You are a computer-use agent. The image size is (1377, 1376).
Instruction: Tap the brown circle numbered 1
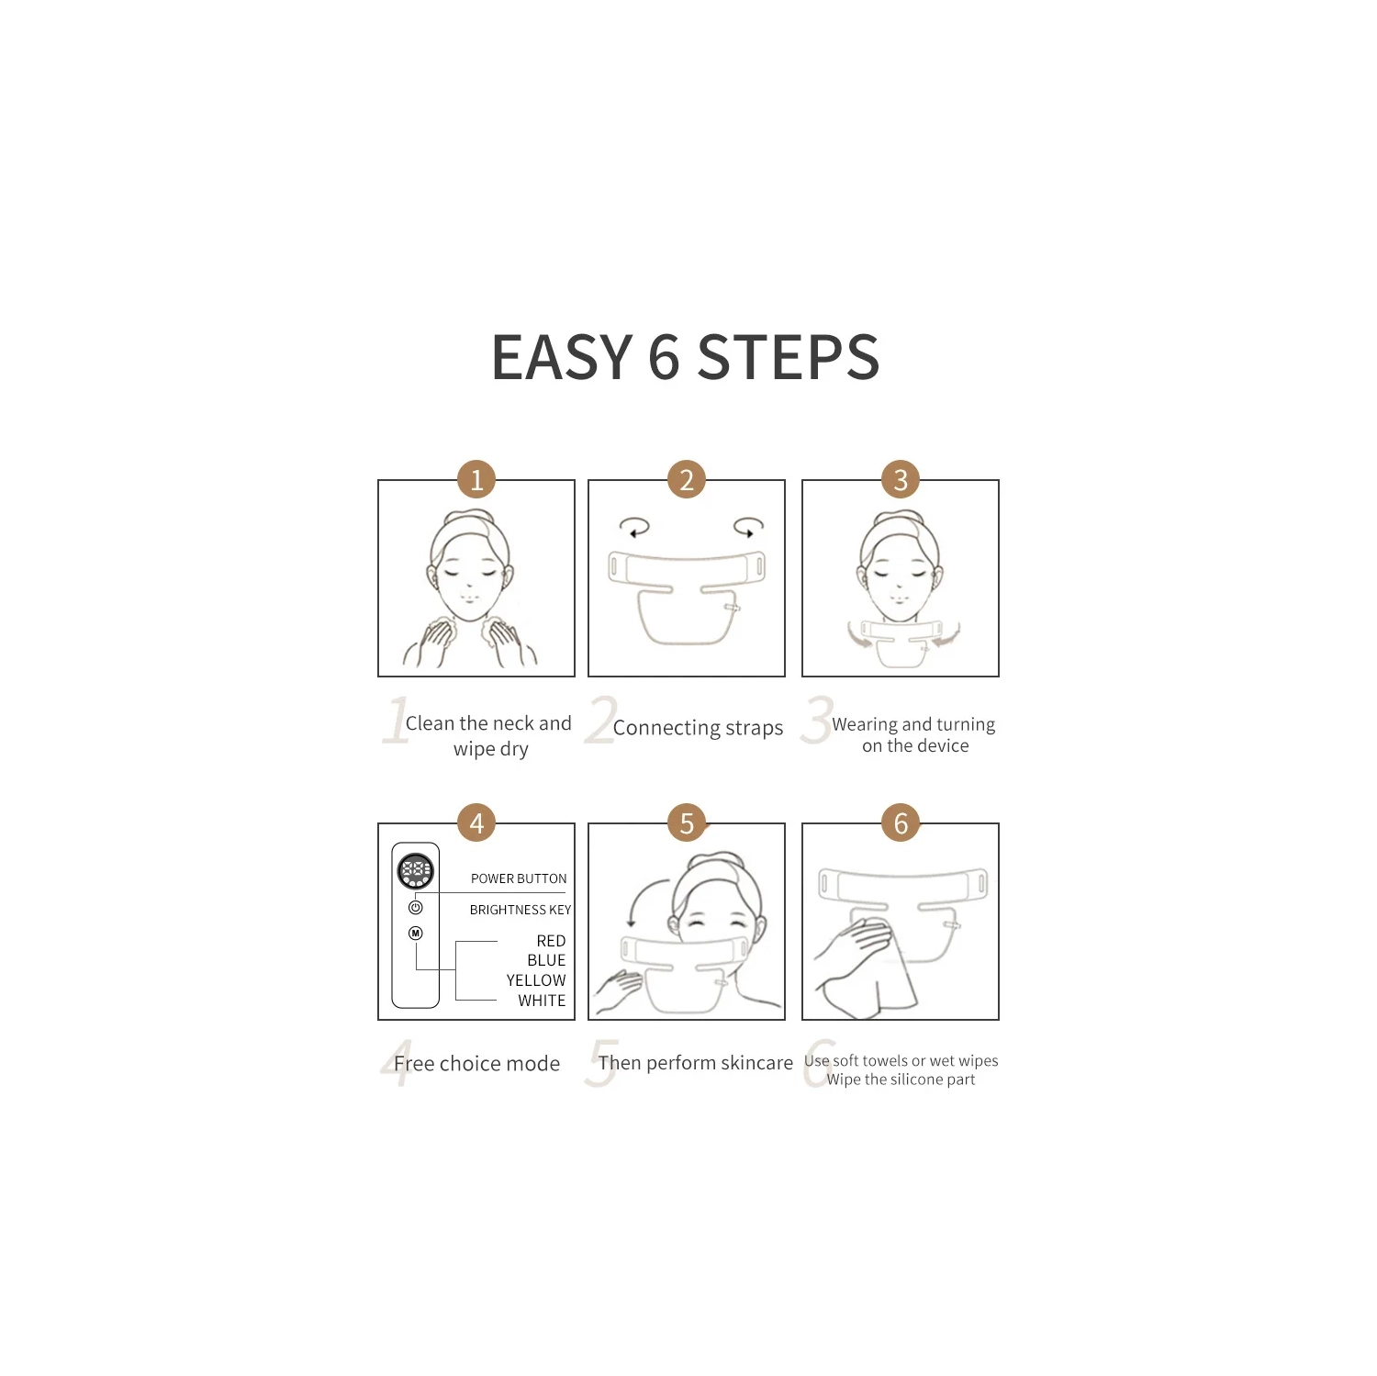[476, 479]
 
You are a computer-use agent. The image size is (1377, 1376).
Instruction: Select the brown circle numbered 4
[476, 823]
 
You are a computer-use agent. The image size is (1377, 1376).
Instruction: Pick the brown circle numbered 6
[901, 823]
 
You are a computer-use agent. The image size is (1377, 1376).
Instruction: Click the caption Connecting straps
[698, 728]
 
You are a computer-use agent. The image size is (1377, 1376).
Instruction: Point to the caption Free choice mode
[476, 1063]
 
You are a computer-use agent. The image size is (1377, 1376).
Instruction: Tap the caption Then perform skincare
[695, 1062]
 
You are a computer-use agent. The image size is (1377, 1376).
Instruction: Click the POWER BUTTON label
[519, 878]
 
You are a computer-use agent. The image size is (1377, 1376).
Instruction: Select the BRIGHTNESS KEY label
[521, 910]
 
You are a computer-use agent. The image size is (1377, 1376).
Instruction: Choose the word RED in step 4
[551, 941]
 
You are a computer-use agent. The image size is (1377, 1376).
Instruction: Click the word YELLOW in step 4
[536, 980]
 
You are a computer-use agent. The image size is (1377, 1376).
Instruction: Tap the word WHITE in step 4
[542, 1001]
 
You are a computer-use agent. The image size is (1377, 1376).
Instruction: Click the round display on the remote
[416, 870]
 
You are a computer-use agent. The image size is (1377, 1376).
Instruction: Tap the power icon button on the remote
[416, 907]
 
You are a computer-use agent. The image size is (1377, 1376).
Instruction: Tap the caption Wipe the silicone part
[901, 1080]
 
